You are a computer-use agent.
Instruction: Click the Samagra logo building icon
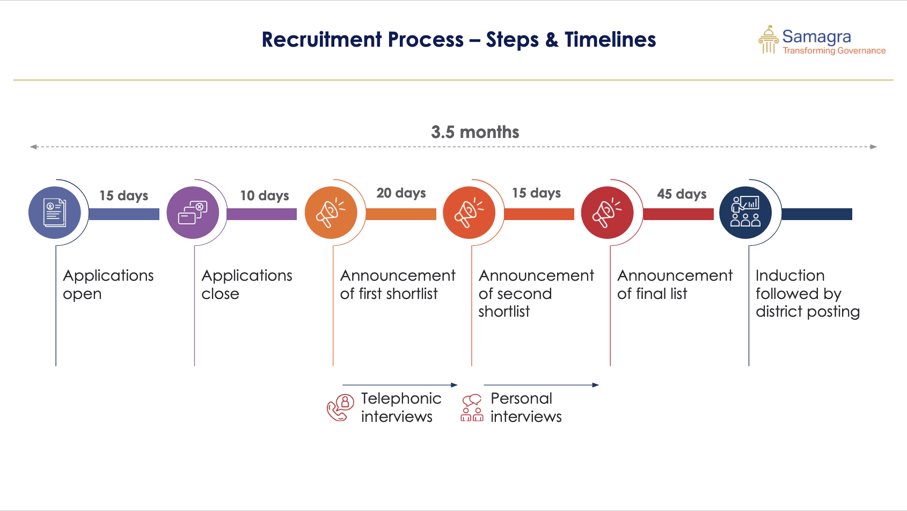769,39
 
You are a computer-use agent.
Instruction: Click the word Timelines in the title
610,40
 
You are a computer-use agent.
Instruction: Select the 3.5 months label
475,132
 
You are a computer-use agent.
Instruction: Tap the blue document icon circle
55,213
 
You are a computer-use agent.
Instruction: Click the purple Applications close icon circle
193,213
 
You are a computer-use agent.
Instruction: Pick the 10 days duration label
265,195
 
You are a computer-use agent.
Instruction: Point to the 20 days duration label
401,193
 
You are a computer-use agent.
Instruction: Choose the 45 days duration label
682,194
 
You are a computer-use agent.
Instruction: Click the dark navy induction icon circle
745,213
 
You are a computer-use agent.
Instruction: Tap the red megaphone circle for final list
608,213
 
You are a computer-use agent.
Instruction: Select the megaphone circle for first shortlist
331,213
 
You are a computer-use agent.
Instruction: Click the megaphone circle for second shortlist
469,213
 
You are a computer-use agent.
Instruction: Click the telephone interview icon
340,408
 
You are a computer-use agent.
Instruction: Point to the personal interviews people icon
472,408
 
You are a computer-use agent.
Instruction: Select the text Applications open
108,284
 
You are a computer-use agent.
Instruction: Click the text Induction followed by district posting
807,294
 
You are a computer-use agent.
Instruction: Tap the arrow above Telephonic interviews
400,385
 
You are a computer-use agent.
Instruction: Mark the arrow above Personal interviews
542,385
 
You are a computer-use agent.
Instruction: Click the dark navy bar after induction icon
817,214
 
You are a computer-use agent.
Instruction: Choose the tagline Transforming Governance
834,50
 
